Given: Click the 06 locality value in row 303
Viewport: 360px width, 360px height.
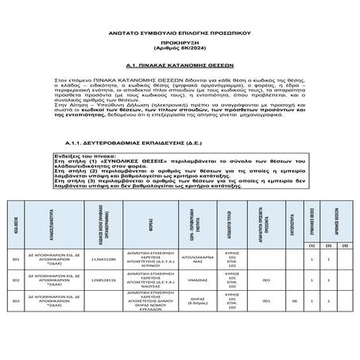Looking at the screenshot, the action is [x=294, y=302].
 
